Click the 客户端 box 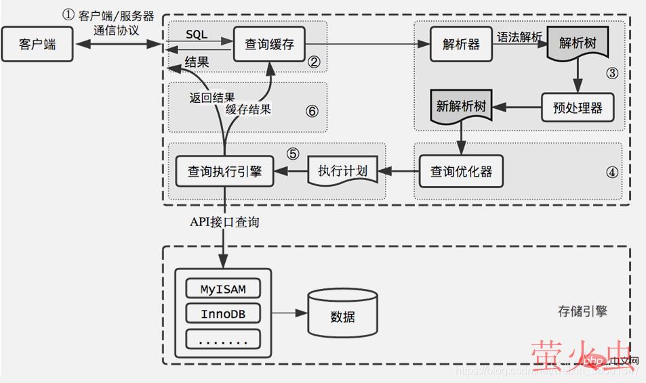click(x=37, y=45)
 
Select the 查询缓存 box click(x=269, y=45)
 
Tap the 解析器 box click(x=461, y=44)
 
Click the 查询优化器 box click(x=461, y=171)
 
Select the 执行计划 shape click(x=342, y=171)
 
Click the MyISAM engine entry click(x=223, y=290)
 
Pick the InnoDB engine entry click(x=223, y=315)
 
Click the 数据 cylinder click(x=342, y=315)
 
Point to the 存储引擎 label click(x=582, y=311)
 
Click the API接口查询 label click(x=224, y=222)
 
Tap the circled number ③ click(x=612, y=74)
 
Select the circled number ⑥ click(x=312, y=111)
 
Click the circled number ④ click(x=612, y=172)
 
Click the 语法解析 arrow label click(x=519, y=37)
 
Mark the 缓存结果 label click(x=249, y=109)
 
